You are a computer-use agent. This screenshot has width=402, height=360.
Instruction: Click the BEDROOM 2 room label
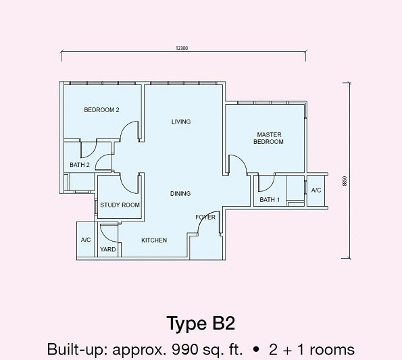(101, 110)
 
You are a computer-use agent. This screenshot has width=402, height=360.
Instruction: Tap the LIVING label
(181, 122)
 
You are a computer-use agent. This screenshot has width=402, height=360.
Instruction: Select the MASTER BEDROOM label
(268, 138)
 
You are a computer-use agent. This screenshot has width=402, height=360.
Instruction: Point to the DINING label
(181, 194)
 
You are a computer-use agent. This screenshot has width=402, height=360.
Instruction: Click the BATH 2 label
(80, 164)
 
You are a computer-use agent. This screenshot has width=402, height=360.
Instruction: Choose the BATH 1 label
(270, 199)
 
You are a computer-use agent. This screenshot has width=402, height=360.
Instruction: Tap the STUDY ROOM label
(120, 205)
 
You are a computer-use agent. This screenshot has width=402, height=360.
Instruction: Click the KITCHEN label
(154, 240)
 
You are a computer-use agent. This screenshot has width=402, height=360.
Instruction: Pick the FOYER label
(205, 217)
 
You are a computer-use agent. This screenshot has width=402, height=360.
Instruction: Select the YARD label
(108, 249)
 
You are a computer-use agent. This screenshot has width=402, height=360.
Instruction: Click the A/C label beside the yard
(86, 240)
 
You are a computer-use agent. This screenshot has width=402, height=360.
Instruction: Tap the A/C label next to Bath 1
(316, 190)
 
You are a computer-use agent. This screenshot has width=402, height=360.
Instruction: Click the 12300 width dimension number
(180, 47)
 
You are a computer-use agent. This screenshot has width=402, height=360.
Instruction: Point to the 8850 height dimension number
(345, 180)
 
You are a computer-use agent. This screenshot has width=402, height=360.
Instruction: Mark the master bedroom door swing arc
(238, 165)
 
